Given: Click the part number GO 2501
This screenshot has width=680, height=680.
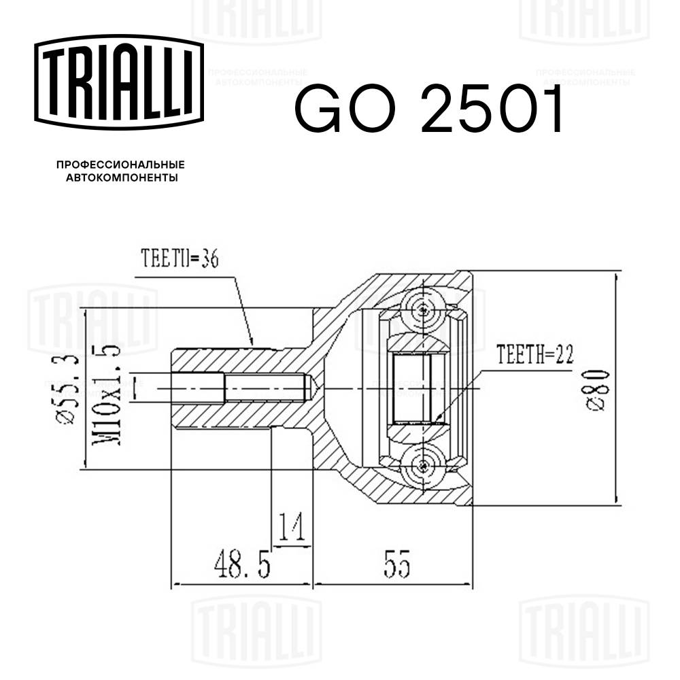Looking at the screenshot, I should (x=429, y=109).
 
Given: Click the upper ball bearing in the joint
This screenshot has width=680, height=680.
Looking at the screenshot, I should (x=424, y=310).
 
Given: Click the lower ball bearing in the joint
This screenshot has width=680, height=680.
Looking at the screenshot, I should (x=424, y=466).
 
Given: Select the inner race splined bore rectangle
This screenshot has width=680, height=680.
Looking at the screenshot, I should (x=413, y=388).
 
